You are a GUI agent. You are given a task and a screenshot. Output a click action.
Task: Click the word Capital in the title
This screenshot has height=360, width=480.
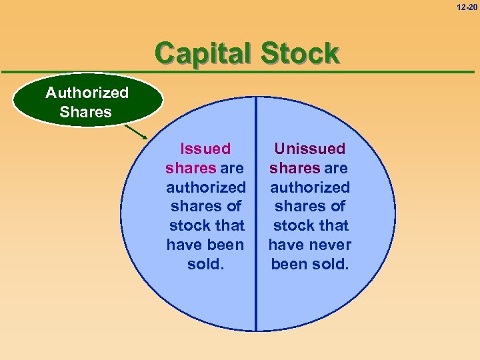coord(201,54)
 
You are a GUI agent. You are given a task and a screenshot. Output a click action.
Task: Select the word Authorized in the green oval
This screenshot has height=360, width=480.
coord(87,93)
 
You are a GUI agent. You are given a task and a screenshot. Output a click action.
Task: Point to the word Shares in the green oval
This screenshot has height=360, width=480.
coord(85,112)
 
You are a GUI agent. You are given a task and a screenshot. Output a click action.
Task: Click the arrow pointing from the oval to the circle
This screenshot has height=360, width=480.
coord(155,132)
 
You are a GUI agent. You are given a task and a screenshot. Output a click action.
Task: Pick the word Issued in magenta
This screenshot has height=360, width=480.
coord(205,149)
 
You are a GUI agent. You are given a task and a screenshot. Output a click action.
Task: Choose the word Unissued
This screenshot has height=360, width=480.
coord(310,149)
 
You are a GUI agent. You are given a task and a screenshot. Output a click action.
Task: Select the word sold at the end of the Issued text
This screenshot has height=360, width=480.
coord(203,264)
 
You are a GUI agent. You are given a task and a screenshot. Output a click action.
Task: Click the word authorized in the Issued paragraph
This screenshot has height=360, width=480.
coord(206,187)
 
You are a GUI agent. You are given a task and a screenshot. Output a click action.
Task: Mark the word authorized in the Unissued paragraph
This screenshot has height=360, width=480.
coord(310,187)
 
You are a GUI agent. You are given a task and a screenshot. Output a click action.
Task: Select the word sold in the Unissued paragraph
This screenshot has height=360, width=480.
coord(330,264)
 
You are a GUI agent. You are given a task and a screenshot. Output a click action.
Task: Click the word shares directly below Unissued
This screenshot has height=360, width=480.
coord(295,168)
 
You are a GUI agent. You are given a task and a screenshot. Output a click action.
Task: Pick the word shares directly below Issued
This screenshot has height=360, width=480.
coord(191,168)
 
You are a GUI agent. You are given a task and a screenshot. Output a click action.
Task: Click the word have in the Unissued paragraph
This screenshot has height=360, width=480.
coord(286,245)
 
